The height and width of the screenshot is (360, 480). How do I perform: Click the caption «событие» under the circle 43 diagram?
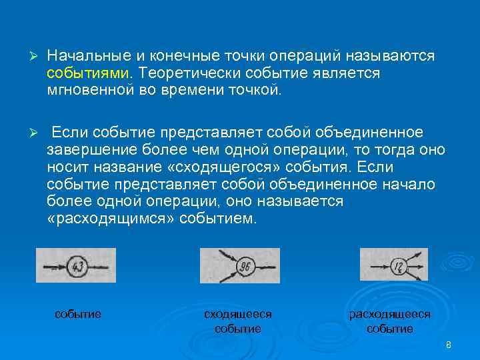click(78, 313)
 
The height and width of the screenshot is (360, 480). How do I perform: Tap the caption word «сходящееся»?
click(237, 313)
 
